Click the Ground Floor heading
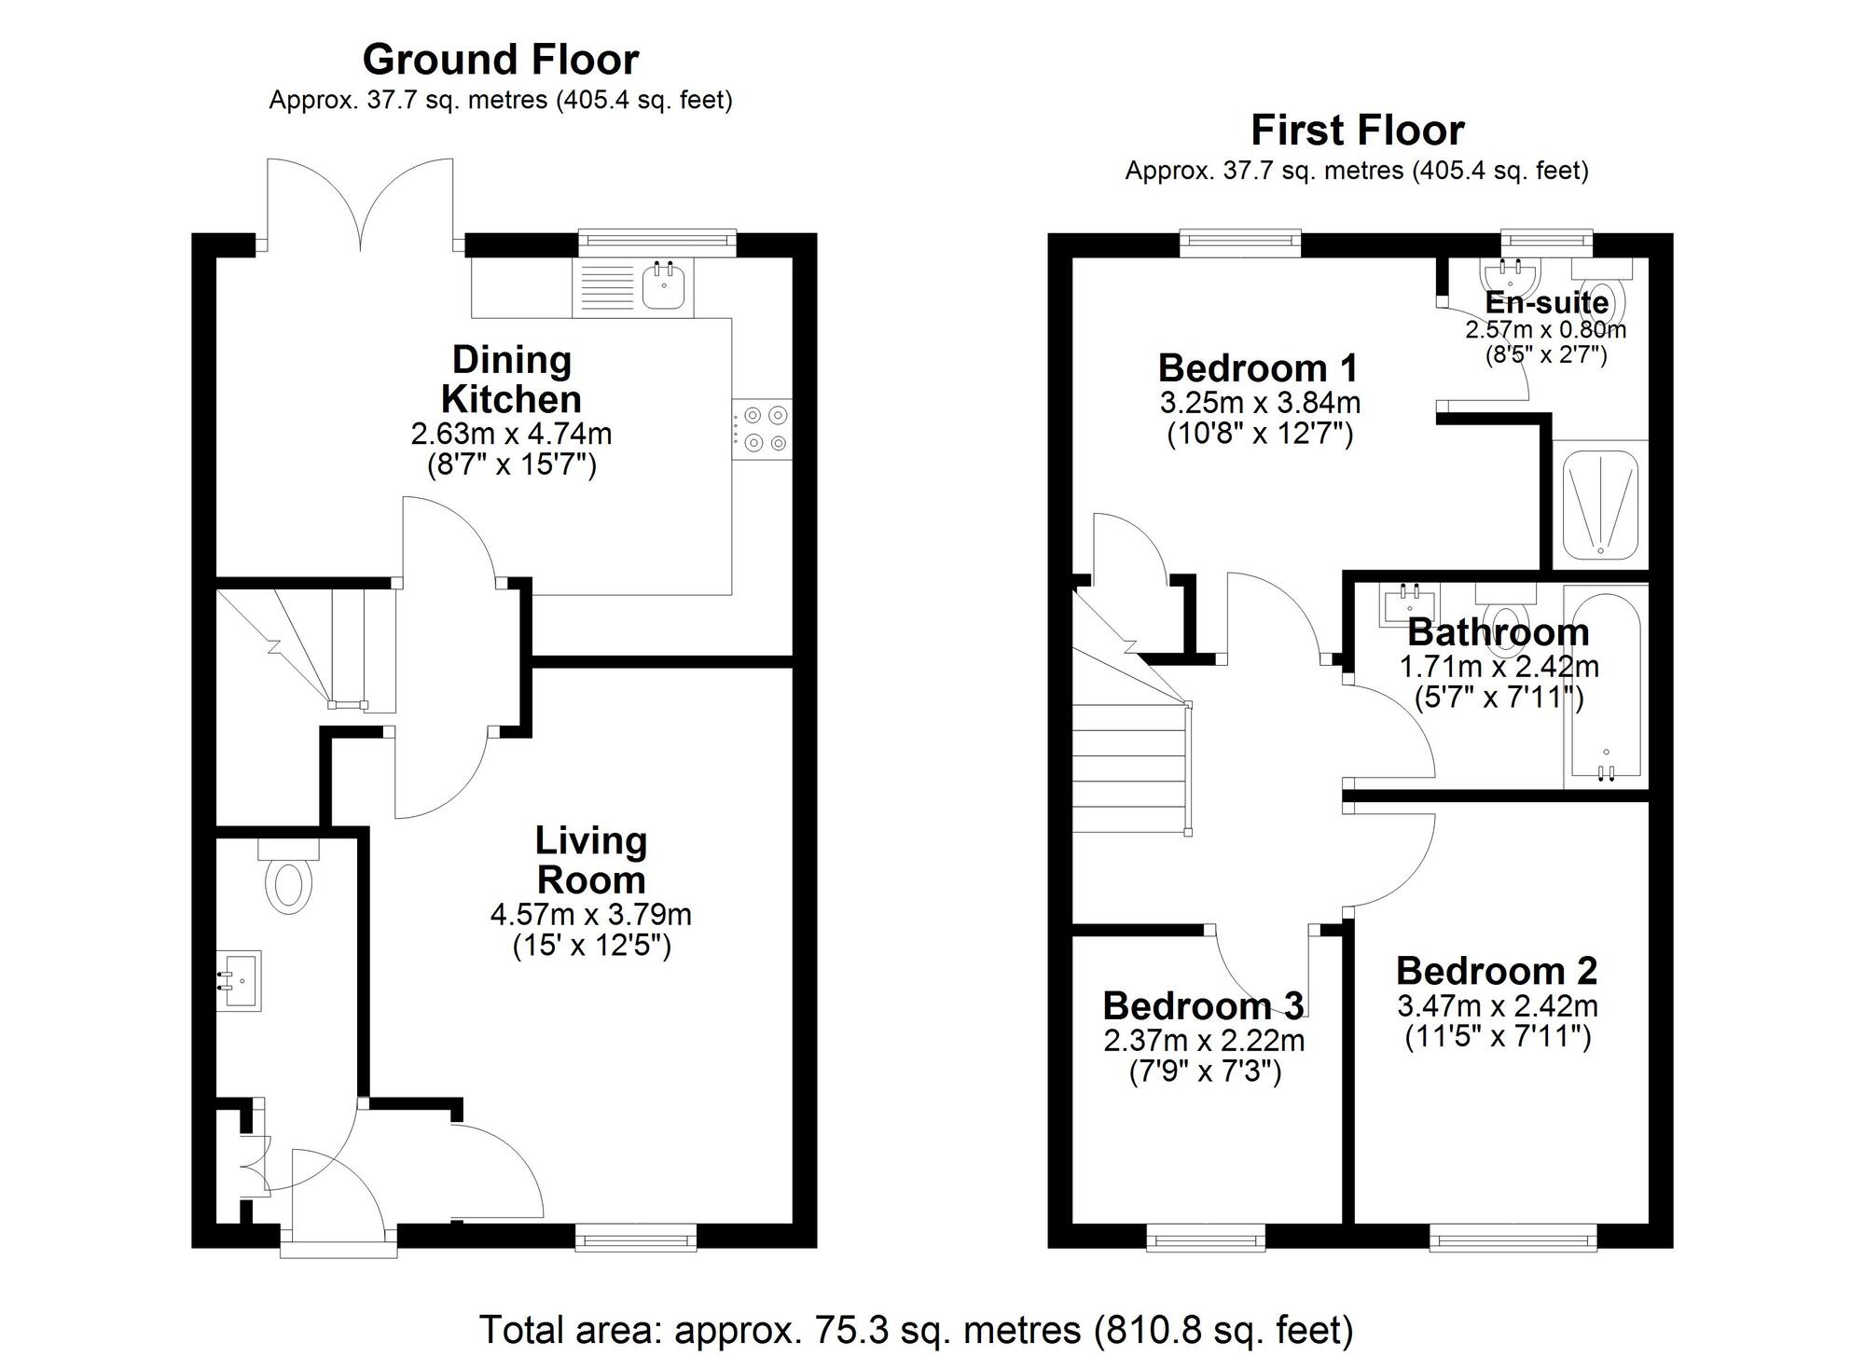pyautogui.click(x=501, y=60)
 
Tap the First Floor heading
pyautogui.click(x=1357, y=131)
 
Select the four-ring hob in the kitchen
pyautogui.click(x=763, y=429)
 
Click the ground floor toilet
pyautogui.click(x=288, y=877)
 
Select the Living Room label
pyautogui.click(x=591, y=860)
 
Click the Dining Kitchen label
pyautogui.click(x=512, y=380)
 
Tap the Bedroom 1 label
pyautogui.click(x=1258, y=368)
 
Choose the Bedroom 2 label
pyautogui.click(x=1497, y=971)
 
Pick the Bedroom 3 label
pyautogui.click(x=1203, y=1006)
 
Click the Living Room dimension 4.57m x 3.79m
pyautogui.click(x=591, y=914)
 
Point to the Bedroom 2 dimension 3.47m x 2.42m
pyautogui.click(x=1498, y=1006)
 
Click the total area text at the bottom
pyautogui.click(x=916, y=1329)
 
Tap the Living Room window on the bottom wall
pyautogui.click(x=636, y=1237)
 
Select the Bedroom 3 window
pyautogui.click(x=1206, y=1237)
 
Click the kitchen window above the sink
pyautogui.click(x=656, y=243)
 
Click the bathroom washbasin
pyautogui.click(x=1411, y=603)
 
